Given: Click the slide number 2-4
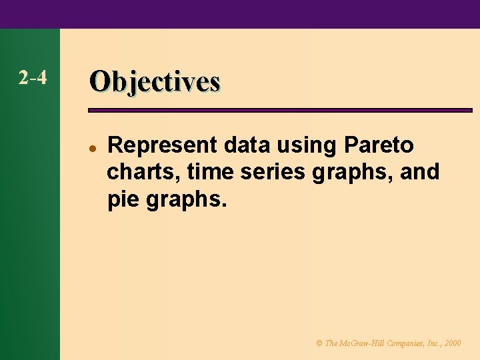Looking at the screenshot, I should [x=33, y=79].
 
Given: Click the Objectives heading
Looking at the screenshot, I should [x=155, y=81].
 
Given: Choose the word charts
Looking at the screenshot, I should [x=143, y=172].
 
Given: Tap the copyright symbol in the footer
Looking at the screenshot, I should [x=319, y=343].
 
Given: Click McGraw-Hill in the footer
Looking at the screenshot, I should [x=360, y=343].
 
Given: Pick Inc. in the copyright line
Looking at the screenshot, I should [x=432, y=343].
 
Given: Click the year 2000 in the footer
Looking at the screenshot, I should [x=452, y=343].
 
